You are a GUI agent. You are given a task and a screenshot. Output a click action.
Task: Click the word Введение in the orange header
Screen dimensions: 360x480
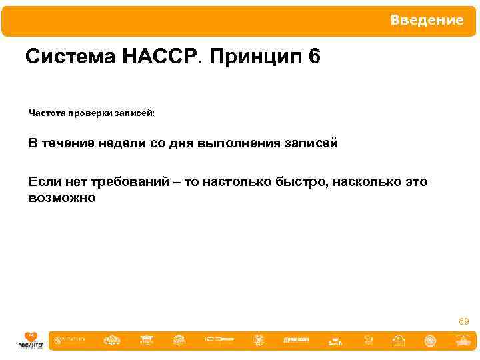[x=427, y=21]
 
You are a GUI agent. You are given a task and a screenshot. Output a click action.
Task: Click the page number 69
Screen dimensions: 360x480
[x=463, y=322]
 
